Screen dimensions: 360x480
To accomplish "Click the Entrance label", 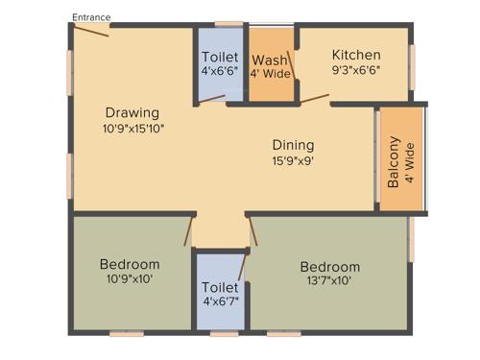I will (x=92, y=17).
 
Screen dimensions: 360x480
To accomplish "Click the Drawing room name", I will (x=133, y=112).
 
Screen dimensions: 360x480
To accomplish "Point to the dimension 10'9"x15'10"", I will (x=133, y=129).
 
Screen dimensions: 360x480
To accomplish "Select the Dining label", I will (x=293, y=145).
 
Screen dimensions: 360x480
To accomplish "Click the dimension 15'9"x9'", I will (x=293, y=161).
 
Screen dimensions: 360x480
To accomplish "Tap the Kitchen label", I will (x=356, y=55).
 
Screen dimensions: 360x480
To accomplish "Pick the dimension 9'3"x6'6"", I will (x=356, y=70).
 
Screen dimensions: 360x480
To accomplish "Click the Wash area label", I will (x=269, y=60).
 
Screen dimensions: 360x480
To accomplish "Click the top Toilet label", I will (x=219, y=56).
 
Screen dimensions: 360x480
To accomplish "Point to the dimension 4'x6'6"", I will (x=219, y=71).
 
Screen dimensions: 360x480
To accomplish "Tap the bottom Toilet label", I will (x=219, y=287).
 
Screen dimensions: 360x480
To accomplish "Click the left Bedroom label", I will (x=130, y=264).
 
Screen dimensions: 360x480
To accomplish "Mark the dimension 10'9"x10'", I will (x=130, y=279).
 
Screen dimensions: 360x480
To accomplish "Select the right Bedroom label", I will (x=329, y=267).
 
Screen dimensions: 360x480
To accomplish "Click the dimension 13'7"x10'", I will (x=329, y=282).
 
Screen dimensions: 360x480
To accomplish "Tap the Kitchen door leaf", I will (x=315, y=96).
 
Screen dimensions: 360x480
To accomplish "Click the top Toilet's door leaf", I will (x=211, y=98).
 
